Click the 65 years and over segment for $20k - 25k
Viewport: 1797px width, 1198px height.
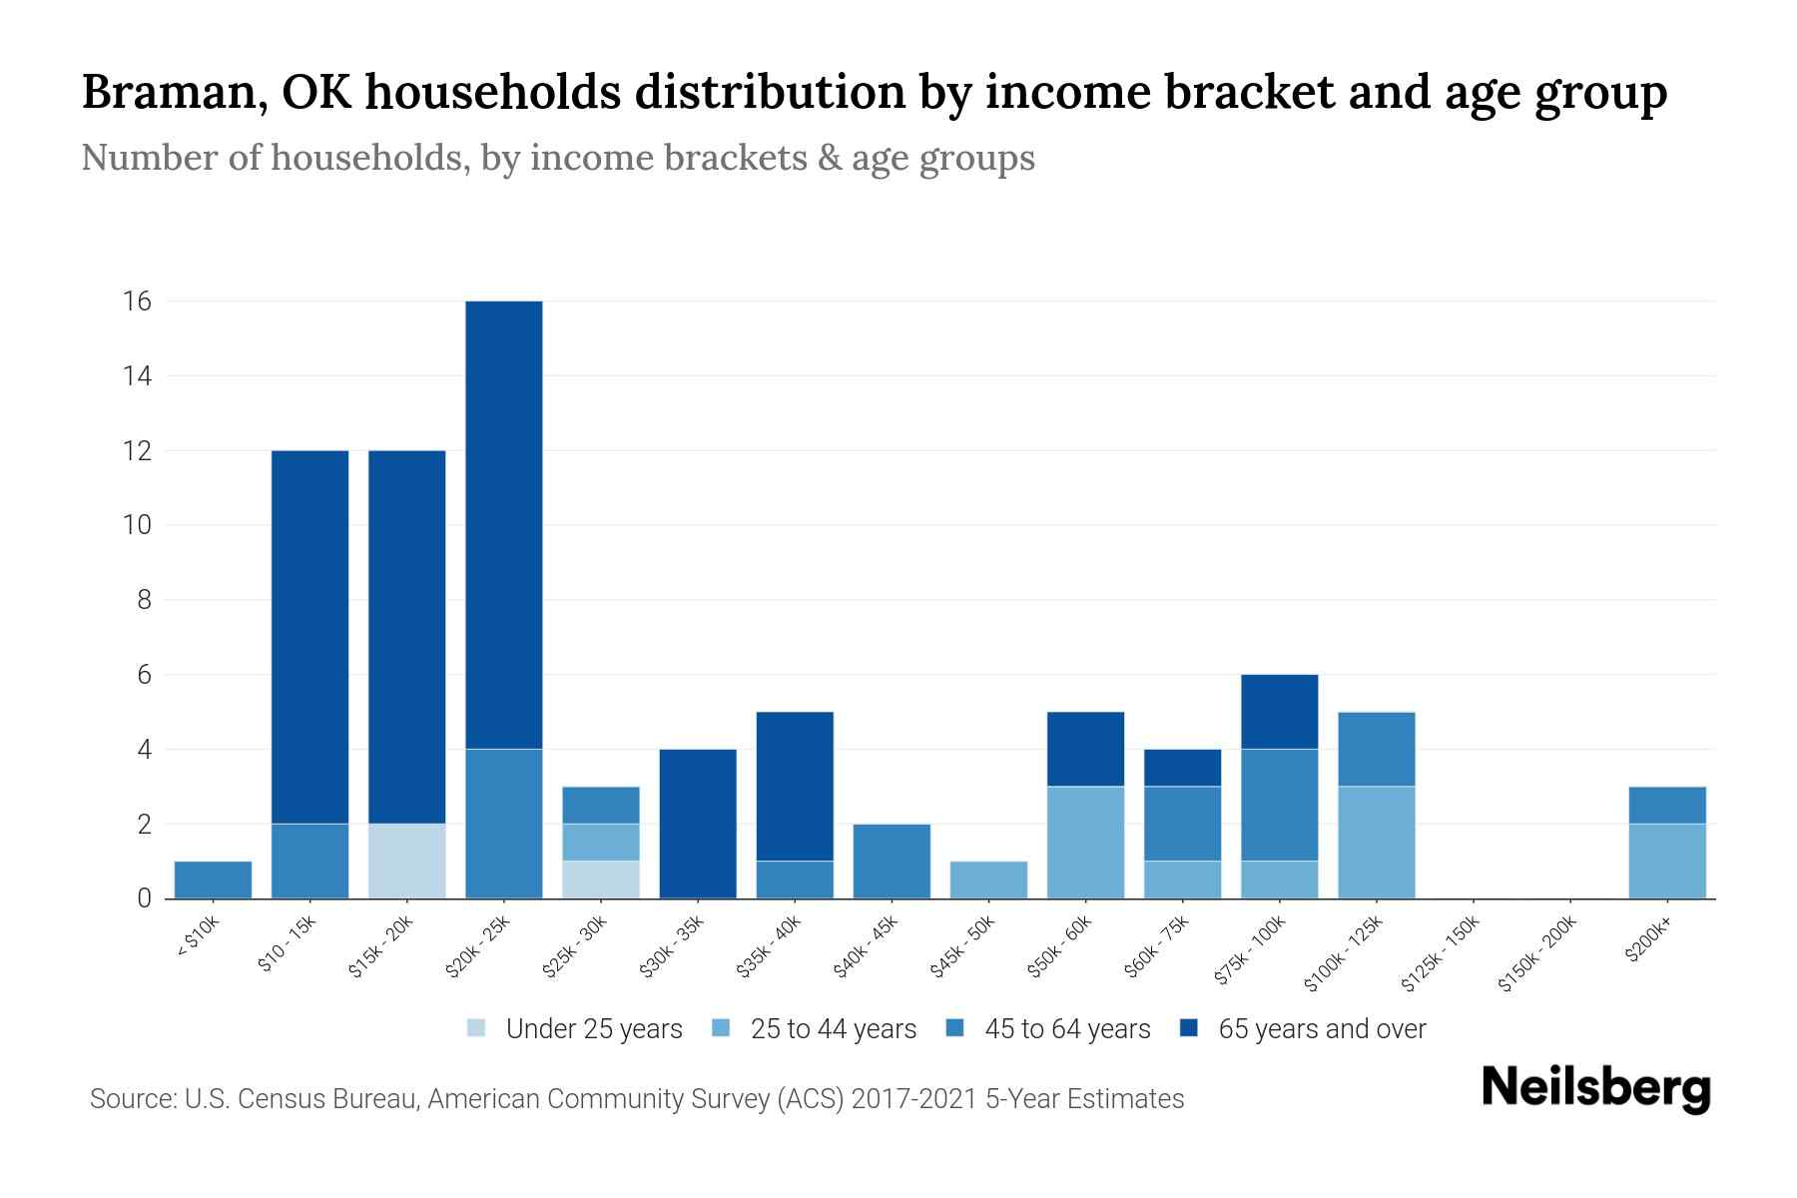[504, 525]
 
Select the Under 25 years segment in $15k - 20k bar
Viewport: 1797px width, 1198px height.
[407, 861]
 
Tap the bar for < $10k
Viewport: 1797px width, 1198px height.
[213, 880]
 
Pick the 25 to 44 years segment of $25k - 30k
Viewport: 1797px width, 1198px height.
[601, 842]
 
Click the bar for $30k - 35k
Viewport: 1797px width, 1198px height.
[698, 824]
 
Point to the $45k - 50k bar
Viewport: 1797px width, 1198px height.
[988, 880]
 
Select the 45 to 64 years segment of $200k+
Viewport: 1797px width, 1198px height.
[1667, 805]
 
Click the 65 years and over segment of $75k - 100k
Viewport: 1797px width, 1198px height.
[1279, 712]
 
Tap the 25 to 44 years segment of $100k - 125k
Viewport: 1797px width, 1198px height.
[1377, 842]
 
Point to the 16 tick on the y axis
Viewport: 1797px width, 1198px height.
[137, 301]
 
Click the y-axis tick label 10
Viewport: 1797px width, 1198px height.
[137, 525]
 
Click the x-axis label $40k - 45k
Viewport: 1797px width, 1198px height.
[867, 948]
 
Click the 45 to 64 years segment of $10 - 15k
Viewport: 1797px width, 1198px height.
[310, 861]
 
